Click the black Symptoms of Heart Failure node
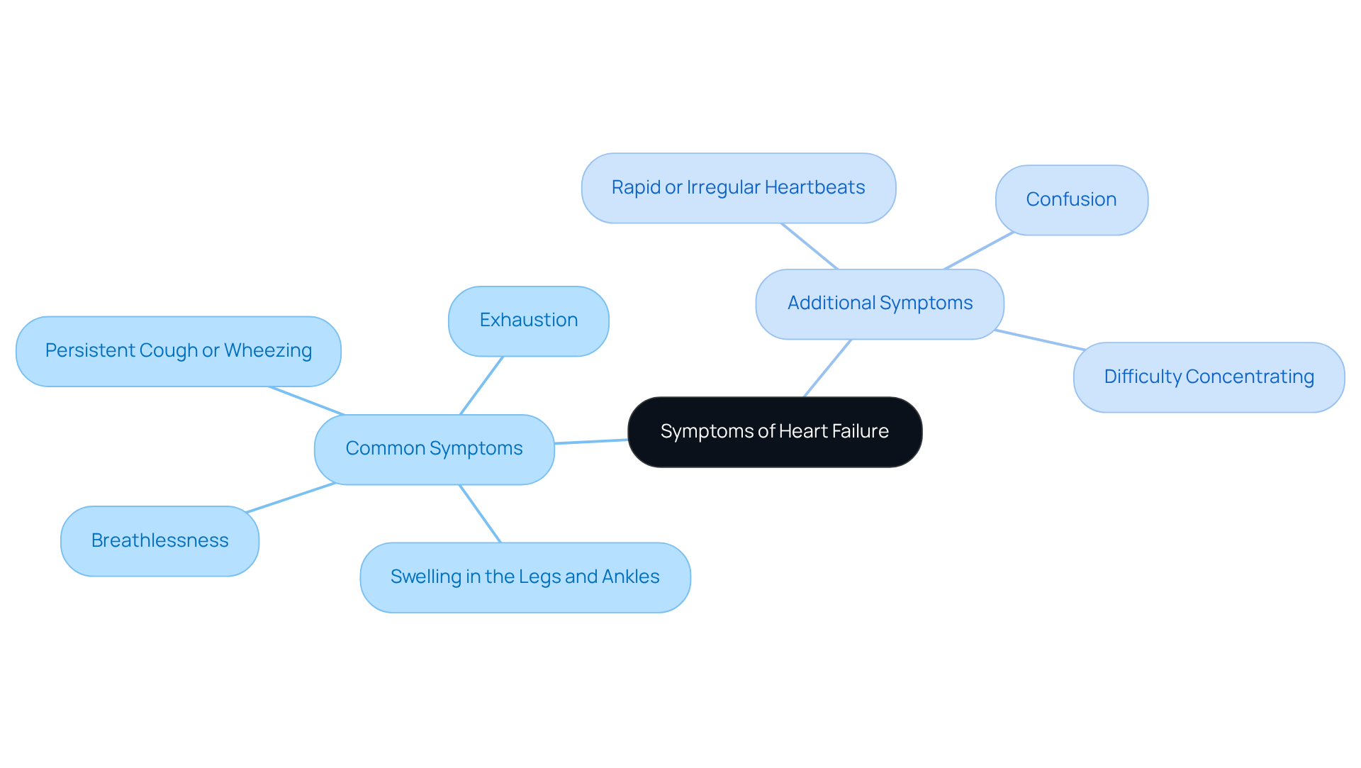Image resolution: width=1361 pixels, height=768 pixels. pyautogui.click(x=775, y=432)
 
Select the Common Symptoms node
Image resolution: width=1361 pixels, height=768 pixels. pyautogui.click(x=434, y=449)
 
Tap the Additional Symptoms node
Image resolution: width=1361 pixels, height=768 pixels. pyautogui.click(x=880, y=304)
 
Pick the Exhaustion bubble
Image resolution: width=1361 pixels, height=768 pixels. pyautogui.click(x=528, y=321)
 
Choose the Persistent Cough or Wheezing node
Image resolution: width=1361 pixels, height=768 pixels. pyautogui.click(x=178, y=351)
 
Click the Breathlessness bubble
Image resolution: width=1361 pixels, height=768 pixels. pyautogui.click(x=159, y=540)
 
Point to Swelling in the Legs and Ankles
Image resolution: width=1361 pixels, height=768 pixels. pyautogui.click(x=525, y=577)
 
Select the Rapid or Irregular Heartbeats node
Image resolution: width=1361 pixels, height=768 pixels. pyautogui.click(x=738, y=188)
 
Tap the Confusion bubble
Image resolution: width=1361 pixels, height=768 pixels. pyautogui.click(x=1071, y=200)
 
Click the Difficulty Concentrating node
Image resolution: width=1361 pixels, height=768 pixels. pyautogui.click(x=1209, y=377)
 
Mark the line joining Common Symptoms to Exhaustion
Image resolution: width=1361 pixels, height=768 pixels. pyautogui.click(x=481, y=386)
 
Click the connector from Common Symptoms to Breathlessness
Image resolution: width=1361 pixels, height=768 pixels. pyautogui.click(x=291, y=497)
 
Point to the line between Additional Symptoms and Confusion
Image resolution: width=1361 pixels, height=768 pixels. pyautogui.click(x=979, y=251)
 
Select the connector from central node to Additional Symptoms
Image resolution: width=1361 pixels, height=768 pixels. pyautogui.click(x=827, y=368)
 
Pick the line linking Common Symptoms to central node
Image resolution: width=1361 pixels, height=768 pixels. pyautogui.click(x=590, y=442)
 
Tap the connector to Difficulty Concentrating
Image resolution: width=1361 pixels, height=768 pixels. pyautogui.click(x=1039, y=340)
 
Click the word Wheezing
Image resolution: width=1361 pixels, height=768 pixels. pyautogui.click(x=268, y=351)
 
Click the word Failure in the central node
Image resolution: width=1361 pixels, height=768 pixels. pyautogui.click(x=860, y=432)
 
